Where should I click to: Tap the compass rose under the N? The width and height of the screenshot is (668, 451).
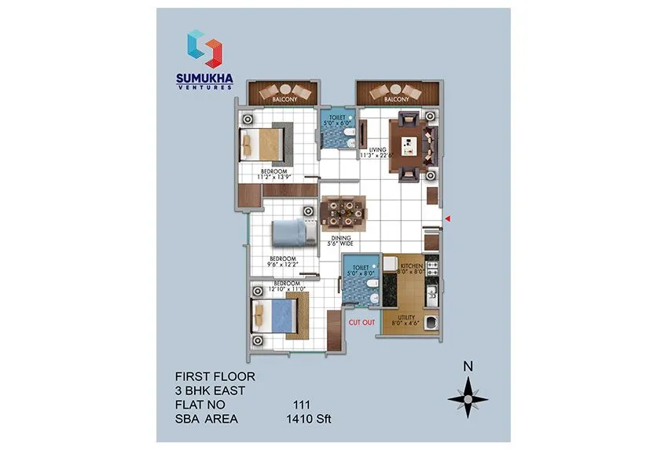[468, 399]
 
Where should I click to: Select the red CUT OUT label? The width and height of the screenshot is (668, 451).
[361, 321]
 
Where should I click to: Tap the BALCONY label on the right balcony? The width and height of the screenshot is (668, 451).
[396, 100]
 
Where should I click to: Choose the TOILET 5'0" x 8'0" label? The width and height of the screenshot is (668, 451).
[361, 272]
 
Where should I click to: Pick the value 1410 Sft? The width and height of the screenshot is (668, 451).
[311, 420]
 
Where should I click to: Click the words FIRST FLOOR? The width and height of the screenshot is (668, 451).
[215, 376]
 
